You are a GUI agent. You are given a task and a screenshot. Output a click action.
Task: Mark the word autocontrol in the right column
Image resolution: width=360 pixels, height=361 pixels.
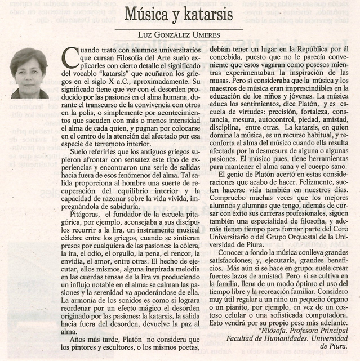[276, 121]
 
